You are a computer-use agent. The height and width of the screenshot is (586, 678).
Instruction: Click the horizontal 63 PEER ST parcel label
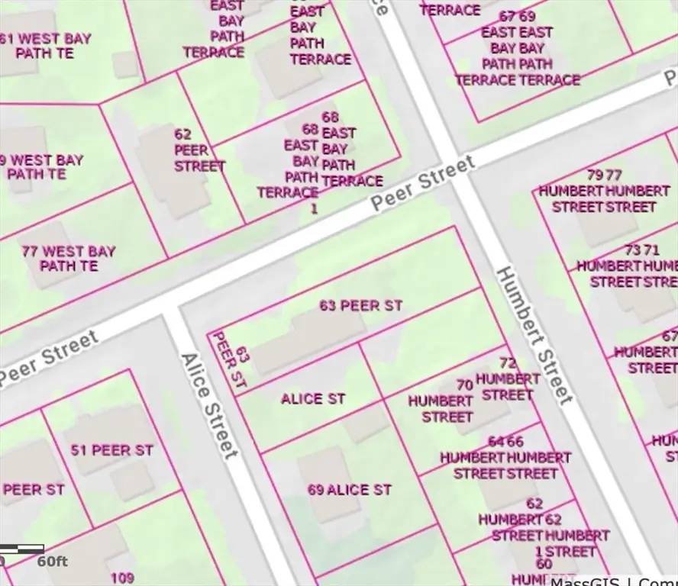point(360,306)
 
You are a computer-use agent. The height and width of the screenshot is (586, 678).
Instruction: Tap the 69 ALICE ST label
point(350,490)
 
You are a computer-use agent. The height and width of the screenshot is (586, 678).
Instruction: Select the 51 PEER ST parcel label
point(112,450)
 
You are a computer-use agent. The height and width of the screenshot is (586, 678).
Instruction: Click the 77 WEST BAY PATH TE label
point(69,259)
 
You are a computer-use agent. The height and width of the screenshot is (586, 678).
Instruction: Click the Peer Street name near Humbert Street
point(422,183)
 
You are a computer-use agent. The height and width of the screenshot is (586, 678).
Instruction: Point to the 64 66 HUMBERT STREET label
point(505,458)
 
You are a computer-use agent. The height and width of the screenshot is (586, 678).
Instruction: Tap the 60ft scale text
point(53,562)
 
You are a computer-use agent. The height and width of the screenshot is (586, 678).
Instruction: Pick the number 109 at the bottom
point(122,578)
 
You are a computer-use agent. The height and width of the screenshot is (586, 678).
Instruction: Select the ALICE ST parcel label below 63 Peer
point(313,399)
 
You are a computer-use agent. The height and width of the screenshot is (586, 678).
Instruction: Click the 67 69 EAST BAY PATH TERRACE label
point(518,47)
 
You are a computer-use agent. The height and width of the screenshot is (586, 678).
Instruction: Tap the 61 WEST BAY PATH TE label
point(46,46)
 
